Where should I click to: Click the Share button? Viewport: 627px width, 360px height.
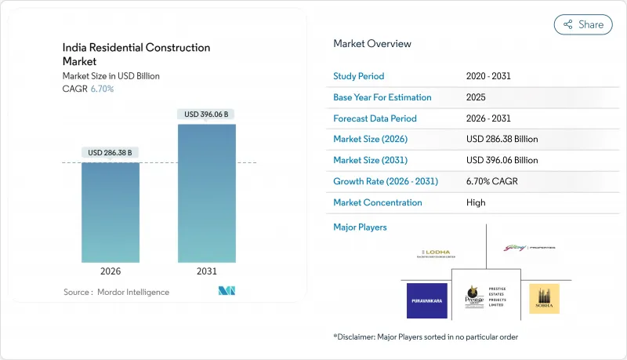point(583,24)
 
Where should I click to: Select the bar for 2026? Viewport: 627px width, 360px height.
point(111,212)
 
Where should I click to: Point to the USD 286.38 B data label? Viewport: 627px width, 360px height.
point(111,152)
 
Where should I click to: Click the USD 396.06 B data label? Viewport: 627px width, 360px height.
point(207,115)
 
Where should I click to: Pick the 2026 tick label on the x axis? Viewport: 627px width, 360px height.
point(111,271)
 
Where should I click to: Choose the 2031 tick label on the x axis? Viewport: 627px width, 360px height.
point(207,271)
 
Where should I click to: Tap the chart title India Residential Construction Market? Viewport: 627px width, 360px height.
point(136,54)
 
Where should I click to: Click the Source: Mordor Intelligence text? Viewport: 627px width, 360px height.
point(116,293)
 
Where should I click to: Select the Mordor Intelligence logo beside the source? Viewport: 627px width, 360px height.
point(227,292)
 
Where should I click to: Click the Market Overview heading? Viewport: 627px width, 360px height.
point(371,44)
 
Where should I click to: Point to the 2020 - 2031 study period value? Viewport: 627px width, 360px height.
point(491,76)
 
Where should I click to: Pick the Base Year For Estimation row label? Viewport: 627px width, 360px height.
point(382,97)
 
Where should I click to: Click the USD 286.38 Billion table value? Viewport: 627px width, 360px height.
point(502,140)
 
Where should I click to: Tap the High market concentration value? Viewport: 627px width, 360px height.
point(475,202)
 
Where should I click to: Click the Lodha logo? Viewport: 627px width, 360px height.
point(435,253)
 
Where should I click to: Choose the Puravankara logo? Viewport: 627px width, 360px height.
point(426,300)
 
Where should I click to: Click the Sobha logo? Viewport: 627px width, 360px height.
point(544,299)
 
